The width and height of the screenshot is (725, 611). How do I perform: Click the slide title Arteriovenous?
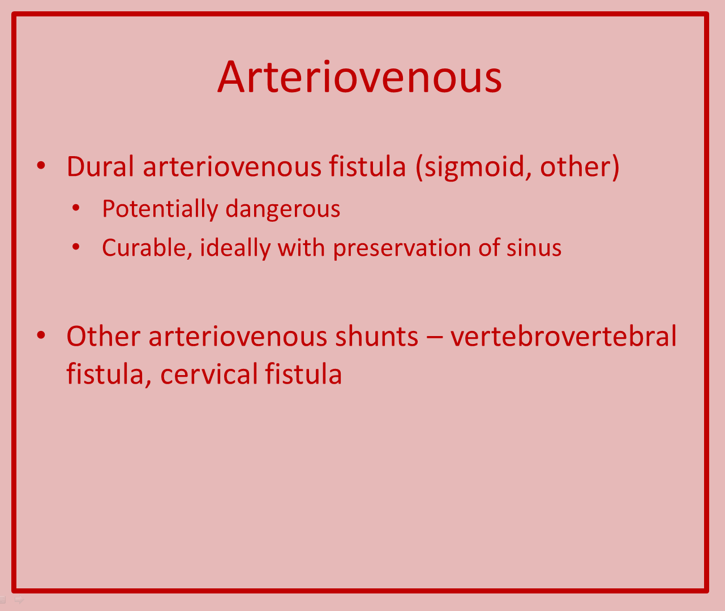click(360, 77)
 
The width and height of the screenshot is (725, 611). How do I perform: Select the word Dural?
click(100, 166)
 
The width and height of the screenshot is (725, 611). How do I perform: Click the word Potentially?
click(160, 209)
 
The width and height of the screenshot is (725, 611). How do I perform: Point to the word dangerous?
click(282, 210)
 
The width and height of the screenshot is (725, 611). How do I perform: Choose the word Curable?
click(147, 248)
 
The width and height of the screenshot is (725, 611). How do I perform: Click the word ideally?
click(235, 248)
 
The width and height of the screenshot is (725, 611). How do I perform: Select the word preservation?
click(402, 248)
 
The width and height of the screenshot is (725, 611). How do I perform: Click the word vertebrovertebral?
click(564, 336)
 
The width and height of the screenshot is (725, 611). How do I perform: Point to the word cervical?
click(209, 374)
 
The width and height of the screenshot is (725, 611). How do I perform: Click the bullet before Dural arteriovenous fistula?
click(41, 166)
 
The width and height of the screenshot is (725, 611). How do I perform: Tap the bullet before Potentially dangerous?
click(76, 208)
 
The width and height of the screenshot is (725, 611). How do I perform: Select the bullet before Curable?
click(76, 247)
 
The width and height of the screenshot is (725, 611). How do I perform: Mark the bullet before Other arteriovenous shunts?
click(41, 335)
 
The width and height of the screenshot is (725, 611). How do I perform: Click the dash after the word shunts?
click(434, 337)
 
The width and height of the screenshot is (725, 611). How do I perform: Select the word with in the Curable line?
click(302, 248)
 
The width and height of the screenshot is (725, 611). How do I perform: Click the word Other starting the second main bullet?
click(104, 336)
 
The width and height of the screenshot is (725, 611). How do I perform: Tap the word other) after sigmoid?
click(580, 167)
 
